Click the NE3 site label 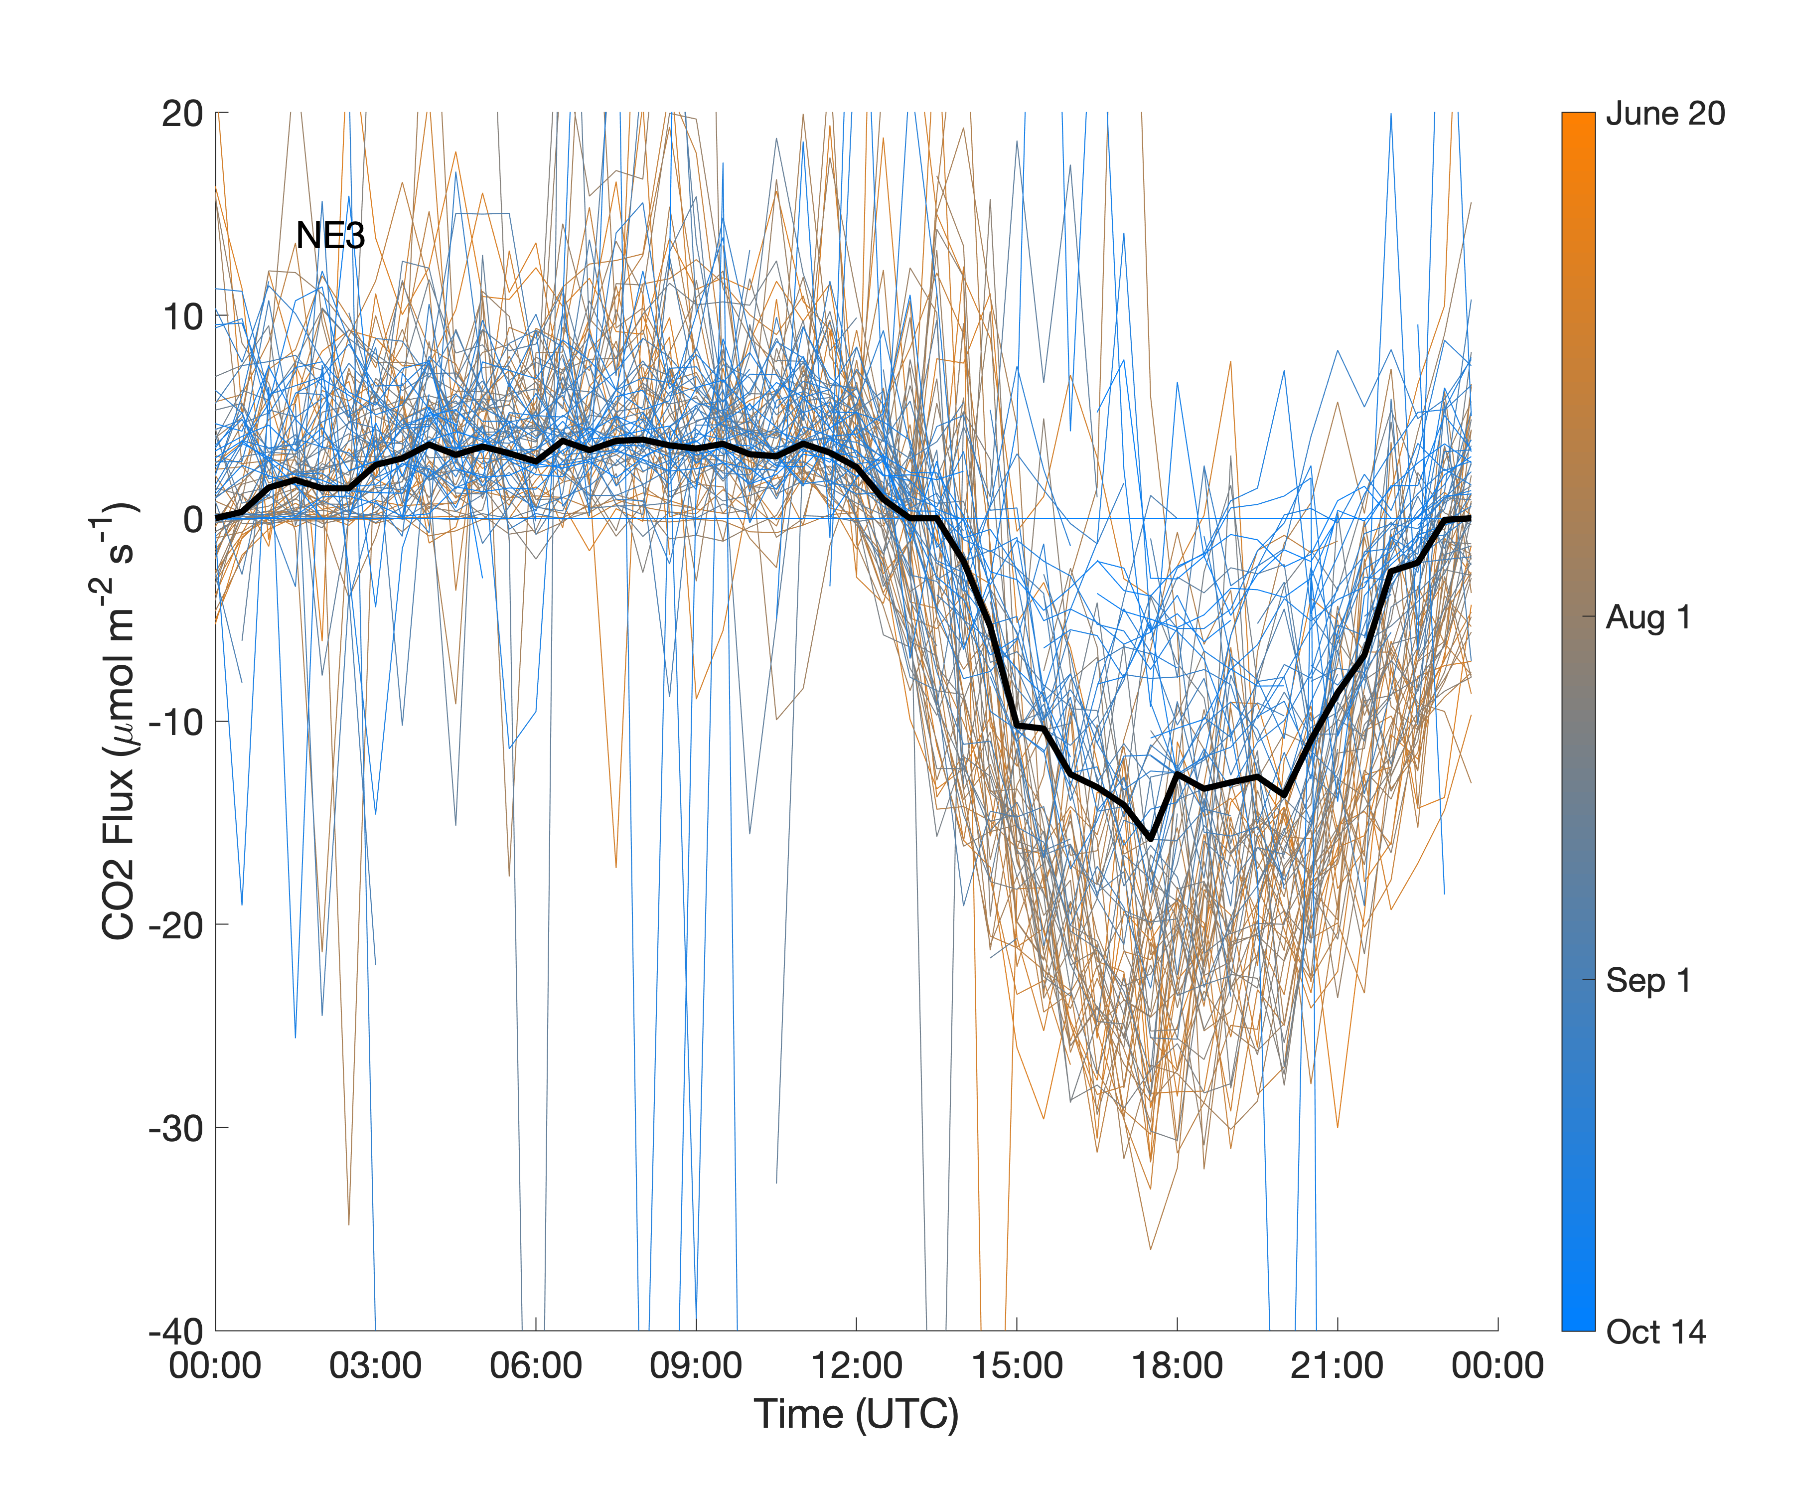(330, 236)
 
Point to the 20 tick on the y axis (182, 114)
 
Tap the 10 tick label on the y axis (182, 317)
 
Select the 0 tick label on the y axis (193, 519)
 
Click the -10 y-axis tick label (176, 723)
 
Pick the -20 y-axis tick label (176, 925)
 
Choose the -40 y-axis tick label (176, 1331)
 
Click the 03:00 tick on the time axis (375, 1365)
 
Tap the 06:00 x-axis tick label (536, 1365)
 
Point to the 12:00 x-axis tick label (856, 1365)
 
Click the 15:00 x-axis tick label (1017, 1365)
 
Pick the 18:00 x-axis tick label (1177, 1365)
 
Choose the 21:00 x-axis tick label (1337, 1365)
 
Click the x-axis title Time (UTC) (856, 1414)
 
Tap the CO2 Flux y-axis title (118, 722)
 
